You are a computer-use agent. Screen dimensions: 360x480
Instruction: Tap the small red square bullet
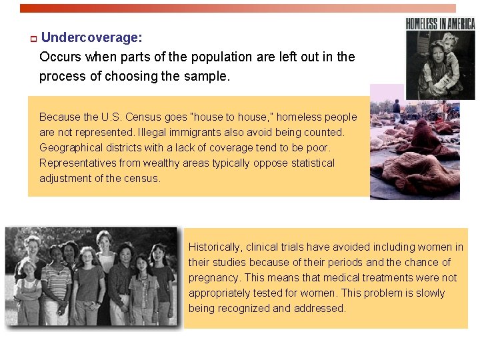tap(32, 39)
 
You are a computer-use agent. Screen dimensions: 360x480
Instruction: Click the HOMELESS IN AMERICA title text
tap(440, 24)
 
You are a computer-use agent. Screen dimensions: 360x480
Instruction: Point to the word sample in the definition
tap(208, 76)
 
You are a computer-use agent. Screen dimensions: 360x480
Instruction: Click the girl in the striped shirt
tap(56, 280)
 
